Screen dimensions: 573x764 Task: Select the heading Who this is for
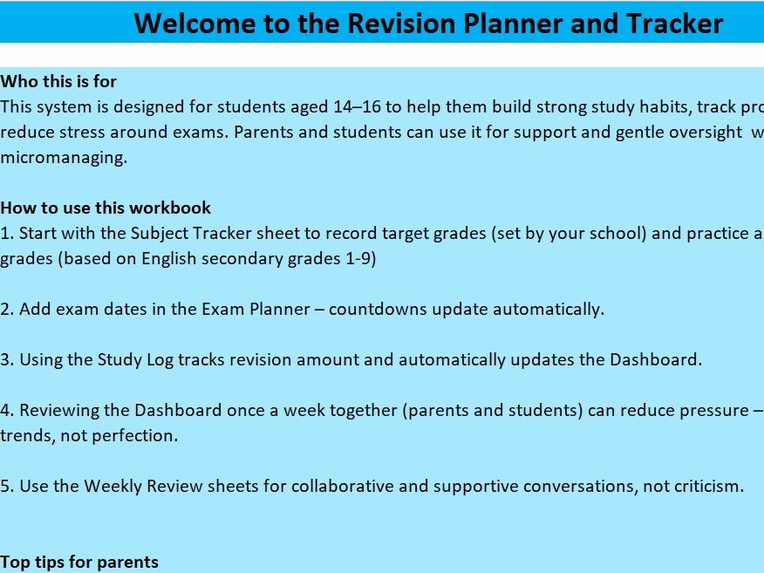pyautogui.click(x=58, y=81)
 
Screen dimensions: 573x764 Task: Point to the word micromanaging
pyautogui.click(x=64, y=158)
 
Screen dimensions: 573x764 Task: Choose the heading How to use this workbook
pyautogui.click(x=106, y=208)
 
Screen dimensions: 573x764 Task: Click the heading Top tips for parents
pyautogui.click(x=79, y=562)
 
